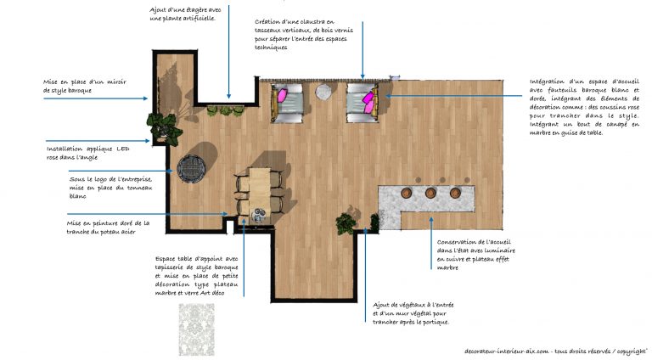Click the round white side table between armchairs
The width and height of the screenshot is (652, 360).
(x=323, y=92)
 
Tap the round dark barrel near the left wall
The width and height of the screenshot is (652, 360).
(x=191, y=168)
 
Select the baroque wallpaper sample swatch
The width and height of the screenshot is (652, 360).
(x=197, y=329)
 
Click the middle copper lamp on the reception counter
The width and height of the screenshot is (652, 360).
(x=430, y=193)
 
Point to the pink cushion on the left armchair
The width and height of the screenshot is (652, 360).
(x=282, y=96)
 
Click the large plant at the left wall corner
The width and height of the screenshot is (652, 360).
(x=165, y=128)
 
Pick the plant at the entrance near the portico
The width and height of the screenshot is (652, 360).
(x=346, y=223)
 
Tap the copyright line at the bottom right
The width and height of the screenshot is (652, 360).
(x=556, y=352)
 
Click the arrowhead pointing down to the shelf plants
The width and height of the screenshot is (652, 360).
(x=228, y=96)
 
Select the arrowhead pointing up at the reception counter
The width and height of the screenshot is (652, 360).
(x=430, y=220)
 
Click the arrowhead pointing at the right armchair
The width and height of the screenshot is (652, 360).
(x=388, y=96)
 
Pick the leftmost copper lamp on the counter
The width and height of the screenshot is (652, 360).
(x=407, y=193)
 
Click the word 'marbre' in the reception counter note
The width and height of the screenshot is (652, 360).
(x=447, y=267)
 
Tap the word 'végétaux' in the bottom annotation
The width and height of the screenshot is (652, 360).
(x=411, y=305)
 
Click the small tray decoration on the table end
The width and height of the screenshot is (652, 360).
(x=259, y=214)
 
